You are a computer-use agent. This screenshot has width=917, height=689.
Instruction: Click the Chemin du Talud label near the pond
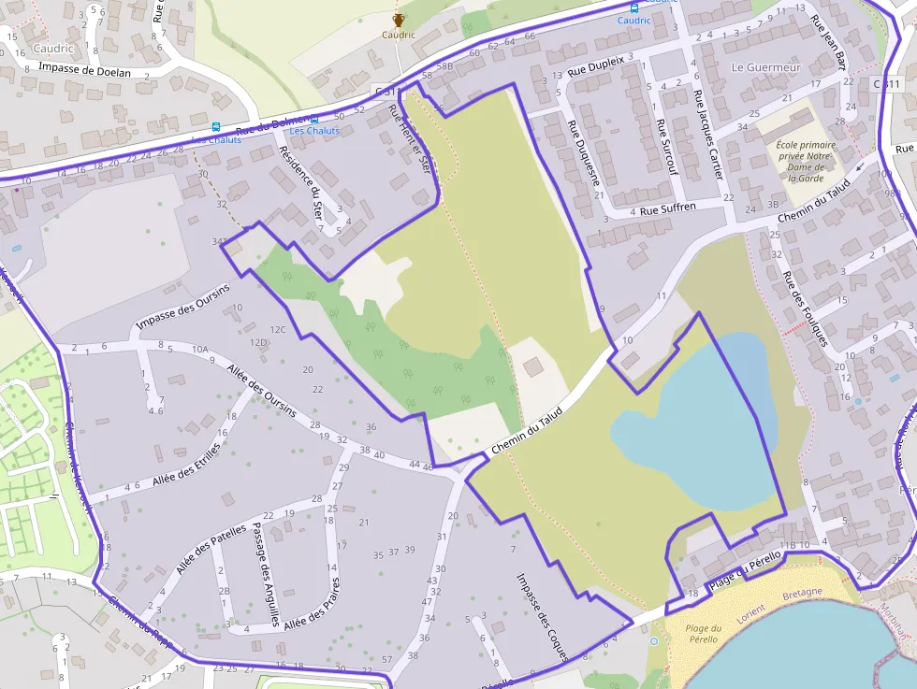527,431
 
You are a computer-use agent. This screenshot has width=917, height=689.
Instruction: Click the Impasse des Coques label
542,616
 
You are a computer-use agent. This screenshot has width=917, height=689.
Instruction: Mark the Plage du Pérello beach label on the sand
703,633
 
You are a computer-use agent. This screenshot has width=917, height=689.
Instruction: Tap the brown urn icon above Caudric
398,20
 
